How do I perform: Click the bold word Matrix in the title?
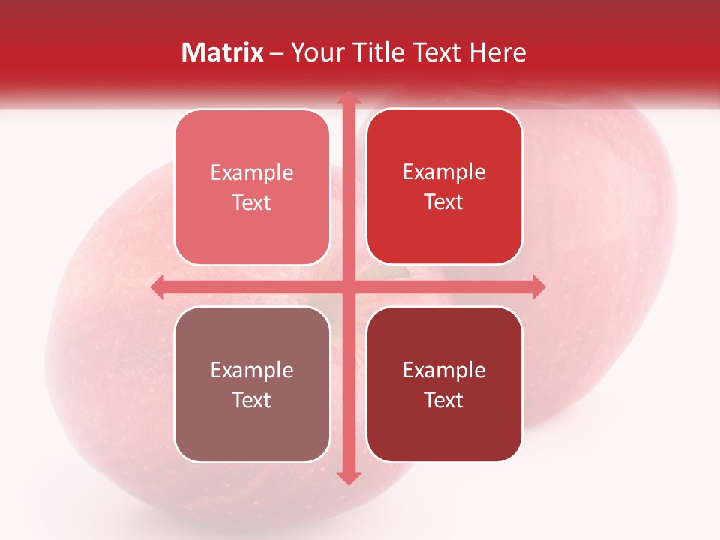point(223,52)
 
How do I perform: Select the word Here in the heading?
point(498,52)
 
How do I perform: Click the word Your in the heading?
point(317,52)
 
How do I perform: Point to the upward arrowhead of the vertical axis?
point(348,98)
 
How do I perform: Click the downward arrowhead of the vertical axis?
point(348,478)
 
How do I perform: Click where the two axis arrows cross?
point(348,286)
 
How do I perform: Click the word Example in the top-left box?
point(252,173)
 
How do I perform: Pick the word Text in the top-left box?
point(252,203)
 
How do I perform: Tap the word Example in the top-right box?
point(444,172)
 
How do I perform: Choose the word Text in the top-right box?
point(444,202)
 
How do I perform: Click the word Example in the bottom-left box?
point(252,370)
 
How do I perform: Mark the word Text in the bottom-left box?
point(252,400)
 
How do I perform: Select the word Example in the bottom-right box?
point(444,370)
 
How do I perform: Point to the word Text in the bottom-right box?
point(444,400)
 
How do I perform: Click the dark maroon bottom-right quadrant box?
point(444,435)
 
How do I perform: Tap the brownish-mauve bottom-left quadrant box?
point(252,435)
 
